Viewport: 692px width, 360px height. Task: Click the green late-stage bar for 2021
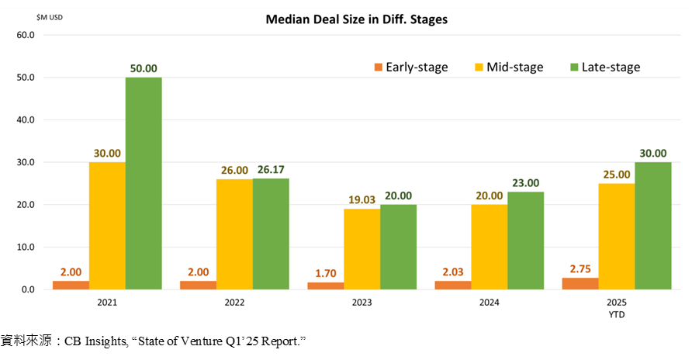point(144,183)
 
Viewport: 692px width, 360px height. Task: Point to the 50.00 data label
point(144,69)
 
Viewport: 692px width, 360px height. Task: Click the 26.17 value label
point(271,170)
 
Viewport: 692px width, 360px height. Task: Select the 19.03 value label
point(362,199)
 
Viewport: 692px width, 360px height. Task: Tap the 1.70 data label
point(325,273)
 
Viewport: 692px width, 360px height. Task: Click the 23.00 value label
point(525,183)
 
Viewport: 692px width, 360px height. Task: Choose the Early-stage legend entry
point(410,67)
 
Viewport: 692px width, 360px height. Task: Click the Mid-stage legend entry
point(509,67)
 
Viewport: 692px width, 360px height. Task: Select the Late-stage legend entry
point(604,67)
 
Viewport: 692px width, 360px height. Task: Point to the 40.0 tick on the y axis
point(26,120)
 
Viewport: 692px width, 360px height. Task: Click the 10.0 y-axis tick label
point(26,247)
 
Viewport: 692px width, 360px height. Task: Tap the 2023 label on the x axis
point(362,303)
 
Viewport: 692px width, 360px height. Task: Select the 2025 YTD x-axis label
point(617,307)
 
